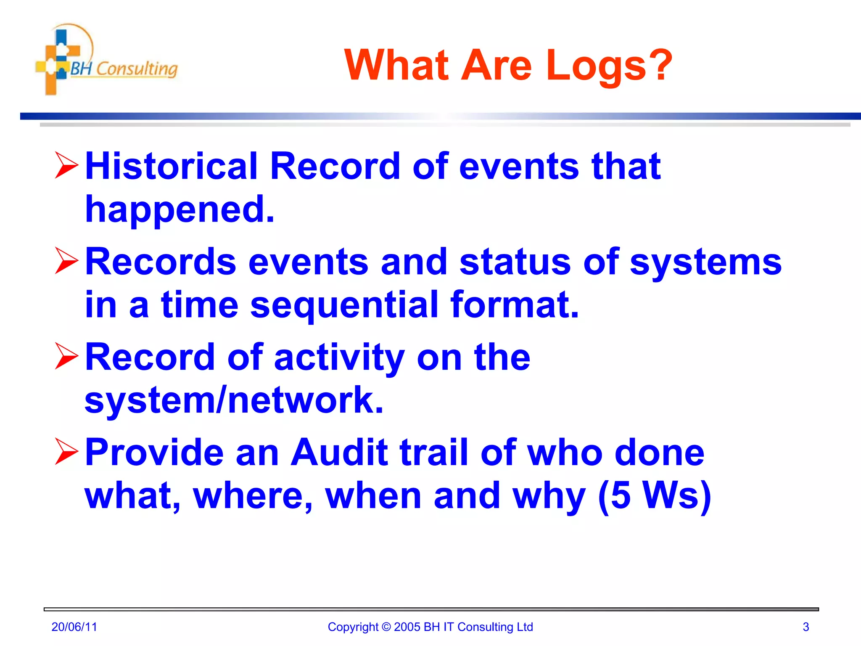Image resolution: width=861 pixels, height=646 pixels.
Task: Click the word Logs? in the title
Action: [609, 66]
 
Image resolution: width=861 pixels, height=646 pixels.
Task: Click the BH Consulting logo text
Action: [124, 69]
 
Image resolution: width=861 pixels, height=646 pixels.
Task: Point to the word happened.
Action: [180, 209]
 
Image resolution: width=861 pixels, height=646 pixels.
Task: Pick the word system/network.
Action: [234, 400]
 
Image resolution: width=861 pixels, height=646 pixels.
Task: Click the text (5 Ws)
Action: [654, 496]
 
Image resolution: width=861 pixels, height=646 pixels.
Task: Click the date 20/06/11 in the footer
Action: [74, 627]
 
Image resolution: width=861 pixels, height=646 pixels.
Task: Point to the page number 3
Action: [806, 627]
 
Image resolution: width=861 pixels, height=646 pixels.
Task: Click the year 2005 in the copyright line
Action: [407, 627]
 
